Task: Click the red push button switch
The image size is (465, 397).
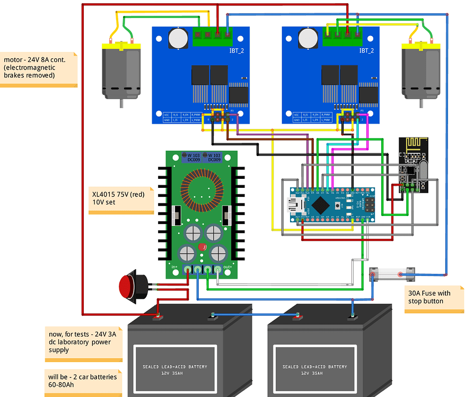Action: pyautogui.click(x=127, y=287)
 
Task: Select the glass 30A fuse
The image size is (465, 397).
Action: pyautogui.click(x=391, y=273)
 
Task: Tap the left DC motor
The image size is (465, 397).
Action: pyautogui.click(x=121, y=71)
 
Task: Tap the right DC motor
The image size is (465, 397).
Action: pyautogui.click(x=422, y=71)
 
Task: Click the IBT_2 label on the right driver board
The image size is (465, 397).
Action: pyautogui.click(x=366, y=51)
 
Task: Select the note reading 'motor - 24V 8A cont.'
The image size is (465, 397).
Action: pyautogui.click(x=38, y=68)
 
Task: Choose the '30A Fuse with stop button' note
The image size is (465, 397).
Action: pyautogui.click(x=429, y=297)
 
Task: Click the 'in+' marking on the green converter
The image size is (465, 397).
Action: pyautogui.click(x=175, y=266)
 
